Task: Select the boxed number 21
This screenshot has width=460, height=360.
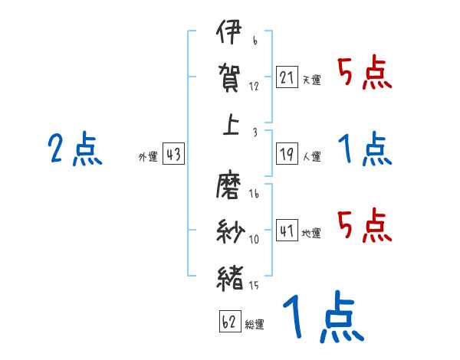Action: pos(287,77)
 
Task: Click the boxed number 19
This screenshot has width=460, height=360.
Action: pos(287,153)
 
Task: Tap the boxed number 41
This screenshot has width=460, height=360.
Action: pos(287,230)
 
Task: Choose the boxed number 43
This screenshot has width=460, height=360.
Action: pos(174,155)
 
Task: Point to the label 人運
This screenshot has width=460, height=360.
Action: pos(311,156)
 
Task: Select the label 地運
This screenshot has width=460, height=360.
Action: pos(311,233)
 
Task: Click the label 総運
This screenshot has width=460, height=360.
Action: pos(255,325)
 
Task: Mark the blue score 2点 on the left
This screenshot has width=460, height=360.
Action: pos(74,149)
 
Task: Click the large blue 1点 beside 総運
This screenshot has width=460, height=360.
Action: pos(322,318)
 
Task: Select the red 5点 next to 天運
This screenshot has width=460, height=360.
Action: pos(365,74)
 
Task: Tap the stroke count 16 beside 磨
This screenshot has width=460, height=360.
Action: pos(255,194)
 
